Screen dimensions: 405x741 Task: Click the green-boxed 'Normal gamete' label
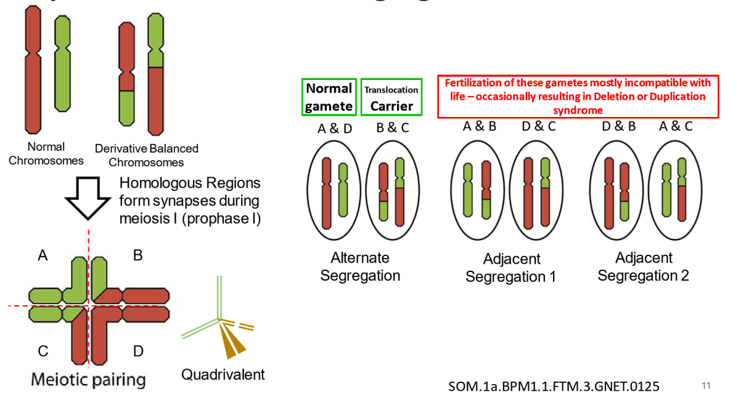329,97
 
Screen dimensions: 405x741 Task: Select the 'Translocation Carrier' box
391,97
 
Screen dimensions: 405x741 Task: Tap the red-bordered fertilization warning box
576,97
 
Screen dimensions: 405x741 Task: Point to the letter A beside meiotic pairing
43,255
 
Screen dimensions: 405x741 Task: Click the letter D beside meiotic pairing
138,351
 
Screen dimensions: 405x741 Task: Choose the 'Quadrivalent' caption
223,374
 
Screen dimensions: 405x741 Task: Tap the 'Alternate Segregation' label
361,266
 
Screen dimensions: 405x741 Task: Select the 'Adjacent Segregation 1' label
510,268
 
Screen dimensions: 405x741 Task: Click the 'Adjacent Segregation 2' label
644,267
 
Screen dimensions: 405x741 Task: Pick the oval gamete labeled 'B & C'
391,190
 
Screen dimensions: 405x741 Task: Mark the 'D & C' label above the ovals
538,127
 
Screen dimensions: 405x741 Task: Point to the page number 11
706,386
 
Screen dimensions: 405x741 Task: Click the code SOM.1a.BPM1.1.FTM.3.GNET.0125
554,387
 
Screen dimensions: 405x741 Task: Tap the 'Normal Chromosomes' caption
55,153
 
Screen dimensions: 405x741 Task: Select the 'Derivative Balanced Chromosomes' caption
147,155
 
